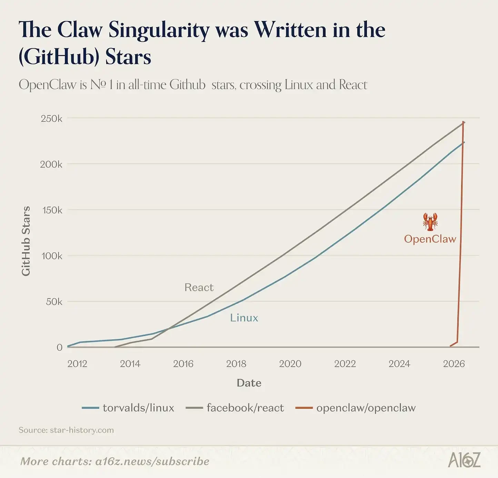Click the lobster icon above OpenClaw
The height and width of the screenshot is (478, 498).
click(x=430, y=221)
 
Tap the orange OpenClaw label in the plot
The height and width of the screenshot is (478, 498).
click(x=430, y=239)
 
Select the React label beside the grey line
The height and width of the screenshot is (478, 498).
click(x=199, y=287)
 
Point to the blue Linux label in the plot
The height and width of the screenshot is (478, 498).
click(x=244, y=318)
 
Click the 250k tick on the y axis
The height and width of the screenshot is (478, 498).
click(x=51, y=119)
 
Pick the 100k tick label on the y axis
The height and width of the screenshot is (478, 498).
click(x=52, y=256)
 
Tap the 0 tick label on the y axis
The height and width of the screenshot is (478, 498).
click(x=59, y=347)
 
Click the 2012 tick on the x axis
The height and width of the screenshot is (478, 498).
click(x=77, y=364)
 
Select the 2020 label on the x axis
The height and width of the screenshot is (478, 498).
click(x=290, y=364)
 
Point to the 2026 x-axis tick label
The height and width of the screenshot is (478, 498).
click(x=454, y=364)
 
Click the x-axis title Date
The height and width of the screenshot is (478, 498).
click(x=249, y=383)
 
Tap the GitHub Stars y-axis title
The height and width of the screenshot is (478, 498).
click(x=26, y=241)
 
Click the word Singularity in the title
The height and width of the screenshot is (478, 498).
click(x=159, y=30)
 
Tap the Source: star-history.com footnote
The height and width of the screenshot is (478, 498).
click(x=66, y=430)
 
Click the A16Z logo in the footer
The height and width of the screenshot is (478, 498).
click(x=464, y=460)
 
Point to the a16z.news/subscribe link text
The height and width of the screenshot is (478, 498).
click(x=152, y=461)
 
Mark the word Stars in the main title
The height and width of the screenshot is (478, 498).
click(x=128, y=57)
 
